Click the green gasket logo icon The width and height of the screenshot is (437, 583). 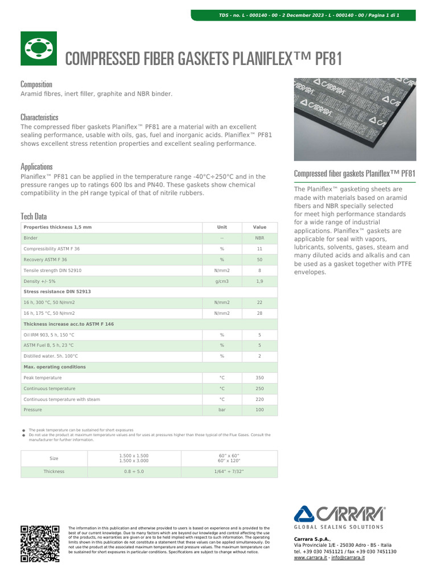coord(38,48)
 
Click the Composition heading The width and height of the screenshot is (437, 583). coord(36,84)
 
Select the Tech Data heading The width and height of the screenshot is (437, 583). coord(34,216)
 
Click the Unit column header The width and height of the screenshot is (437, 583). coord(222,227)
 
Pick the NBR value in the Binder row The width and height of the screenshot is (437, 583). coord(259,238)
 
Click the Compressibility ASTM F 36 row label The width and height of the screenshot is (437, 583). coord(52,249)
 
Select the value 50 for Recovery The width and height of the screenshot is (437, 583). coord(259,260)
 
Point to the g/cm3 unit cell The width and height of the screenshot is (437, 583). coord(222,281)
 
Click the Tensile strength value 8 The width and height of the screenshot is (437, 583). coord(259,270)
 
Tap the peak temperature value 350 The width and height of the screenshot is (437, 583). coord(259,378)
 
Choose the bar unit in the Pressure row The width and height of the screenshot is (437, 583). coord(222,410)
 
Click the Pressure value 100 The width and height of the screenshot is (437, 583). coord(259,410)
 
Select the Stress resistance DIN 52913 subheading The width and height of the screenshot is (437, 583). coord(57,291)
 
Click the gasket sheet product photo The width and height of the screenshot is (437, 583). coord(354,119)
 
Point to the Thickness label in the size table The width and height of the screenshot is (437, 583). coord(54,471)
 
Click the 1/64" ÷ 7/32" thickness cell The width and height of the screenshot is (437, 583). coord(229,471)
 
